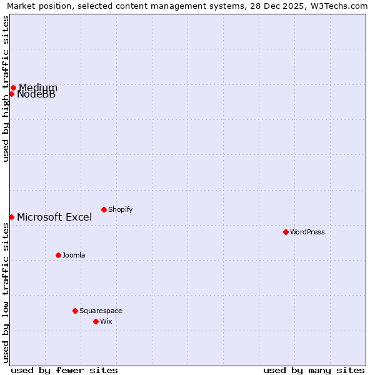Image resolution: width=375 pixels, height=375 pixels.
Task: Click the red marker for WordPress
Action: (x=286, y=232)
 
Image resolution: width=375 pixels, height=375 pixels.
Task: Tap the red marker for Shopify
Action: (x=104, y=209)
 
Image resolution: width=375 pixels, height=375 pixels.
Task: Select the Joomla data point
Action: (x=58, y=255)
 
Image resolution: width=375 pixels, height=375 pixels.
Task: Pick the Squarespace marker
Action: (x=75, y=311)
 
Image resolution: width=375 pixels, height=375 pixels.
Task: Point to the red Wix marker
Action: (x=96, y=321)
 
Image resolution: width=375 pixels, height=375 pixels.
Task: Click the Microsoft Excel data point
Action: (x=11, y=217)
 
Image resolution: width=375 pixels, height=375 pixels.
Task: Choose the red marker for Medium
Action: (x=13, y=87)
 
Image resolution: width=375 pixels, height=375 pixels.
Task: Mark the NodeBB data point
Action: (x=11, y=94)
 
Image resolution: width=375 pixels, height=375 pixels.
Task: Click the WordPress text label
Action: (x=307, y=232)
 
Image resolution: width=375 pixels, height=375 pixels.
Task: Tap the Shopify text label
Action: (x=120, y=209)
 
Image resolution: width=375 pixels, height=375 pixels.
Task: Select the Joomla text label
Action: (x=74, y=255)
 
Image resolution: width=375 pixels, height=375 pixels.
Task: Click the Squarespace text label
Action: (x=101, y=311)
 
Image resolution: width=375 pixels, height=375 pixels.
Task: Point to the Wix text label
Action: (x=106, y=321)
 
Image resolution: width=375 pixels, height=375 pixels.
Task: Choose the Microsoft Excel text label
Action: (x=54, y=217)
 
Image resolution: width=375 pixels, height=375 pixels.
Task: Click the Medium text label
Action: (x=38, y=87)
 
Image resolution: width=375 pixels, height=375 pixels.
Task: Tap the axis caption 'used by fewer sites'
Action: (x=64, y=370)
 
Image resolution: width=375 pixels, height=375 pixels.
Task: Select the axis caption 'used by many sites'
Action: (x=314, y=370)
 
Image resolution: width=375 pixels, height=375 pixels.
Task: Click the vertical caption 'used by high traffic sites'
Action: (x=6, y=89)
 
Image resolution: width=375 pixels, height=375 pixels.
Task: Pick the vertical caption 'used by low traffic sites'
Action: (x=6, y=292)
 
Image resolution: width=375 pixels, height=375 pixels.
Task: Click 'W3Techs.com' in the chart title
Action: (x=342, y=6)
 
